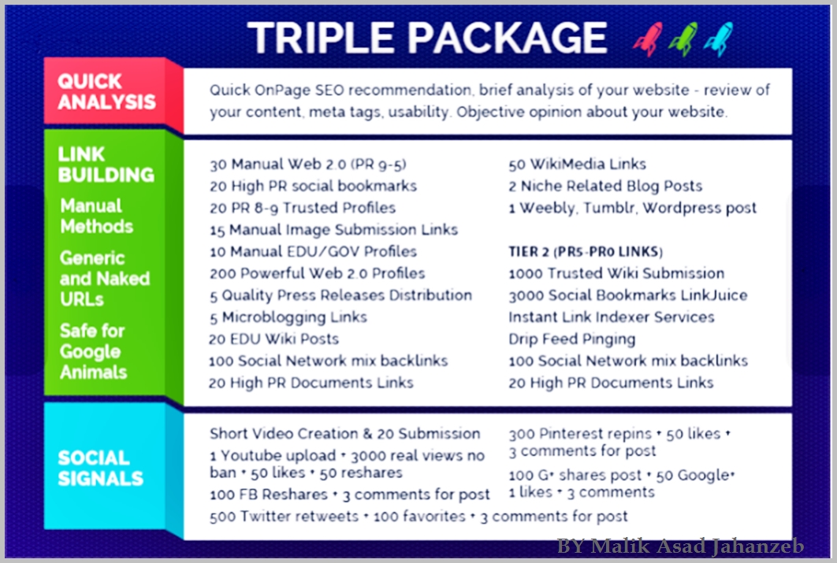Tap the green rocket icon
click(683, 39)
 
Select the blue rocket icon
click(718, 39)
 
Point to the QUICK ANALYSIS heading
click(106, 91)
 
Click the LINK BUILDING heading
click(106, 164)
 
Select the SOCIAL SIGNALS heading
click(100, 468)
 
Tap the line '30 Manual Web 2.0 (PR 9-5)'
click(307, 165)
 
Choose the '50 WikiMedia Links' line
click(577, 165)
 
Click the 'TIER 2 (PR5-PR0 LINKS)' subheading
click(586, 252)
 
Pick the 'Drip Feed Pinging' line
click(571, 339)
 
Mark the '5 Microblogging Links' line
click(288, 317)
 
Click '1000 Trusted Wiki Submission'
click(616, 273)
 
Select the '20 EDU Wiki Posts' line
click(273, 339)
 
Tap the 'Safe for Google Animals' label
click(92, 351)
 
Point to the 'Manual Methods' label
click(96, 216)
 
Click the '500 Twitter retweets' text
click(284, 517)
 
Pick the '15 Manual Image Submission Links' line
click(333, 230)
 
